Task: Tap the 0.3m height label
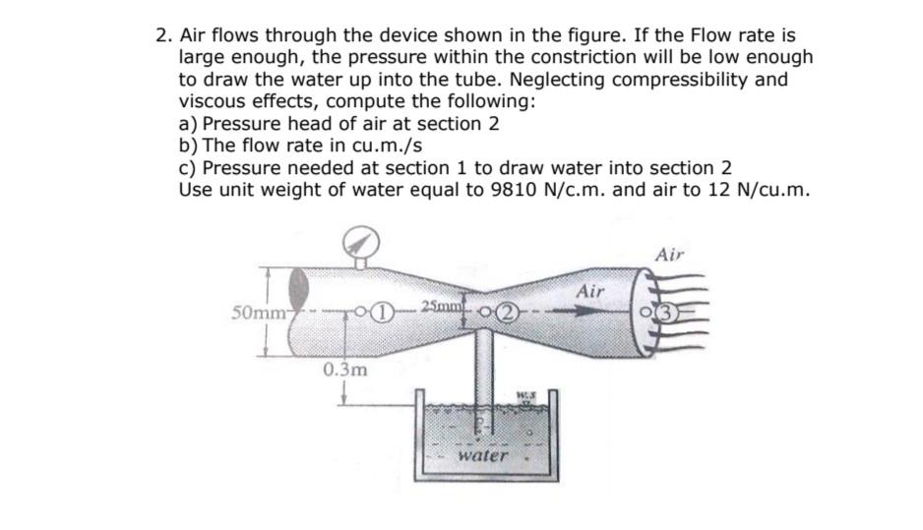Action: pyautogui.click(x=344, y=371)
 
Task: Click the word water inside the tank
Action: pyautogui.click(x=484, y=456)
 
